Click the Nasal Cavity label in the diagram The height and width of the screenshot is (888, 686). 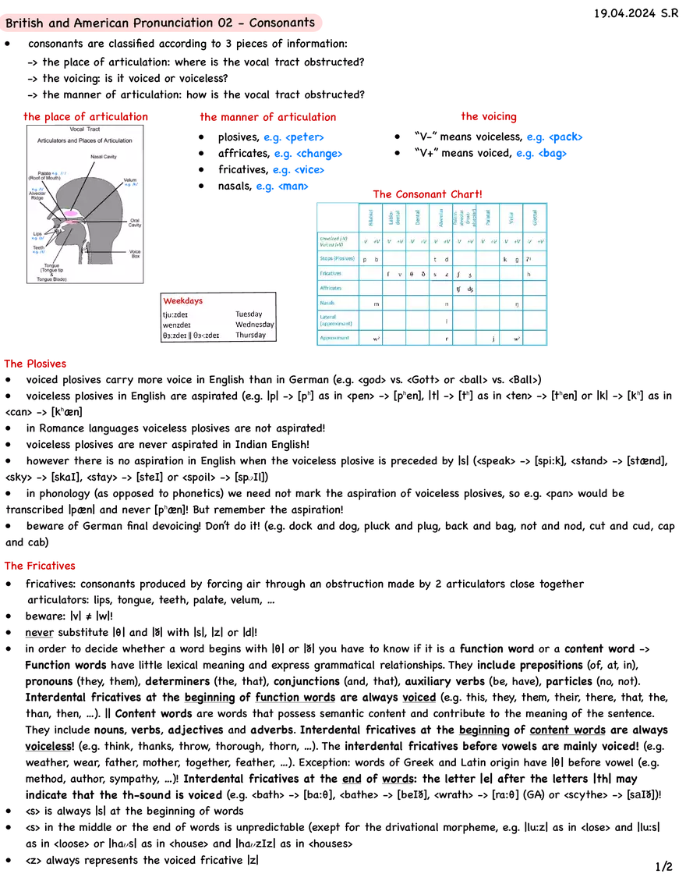103,157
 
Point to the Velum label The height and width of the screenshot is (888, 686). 129,180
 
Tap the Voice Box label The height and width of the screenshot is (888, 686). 135,254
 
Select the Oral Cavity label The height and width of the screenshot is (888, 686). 135,223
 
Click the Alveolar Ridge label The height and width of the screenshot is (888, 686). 37,196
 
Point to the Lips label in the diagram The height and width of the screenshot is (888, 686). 37,233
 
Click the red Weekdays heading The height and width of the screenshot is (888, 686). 184,300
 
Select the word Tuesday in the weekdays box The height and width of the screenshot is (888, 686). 249,314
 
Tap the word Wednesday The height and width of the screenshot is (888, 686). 254,325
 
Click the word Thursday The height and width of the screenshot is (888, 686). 250,335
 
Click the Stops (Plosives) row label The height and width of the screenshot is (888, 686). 337,258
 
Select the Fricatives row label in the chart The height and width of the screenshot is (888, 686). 331,273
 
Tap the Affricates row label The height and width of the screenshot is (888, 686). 331,288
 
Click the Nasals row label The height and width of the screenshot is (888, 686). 327,303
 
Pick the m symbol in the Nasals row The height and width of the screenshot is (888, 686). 377,303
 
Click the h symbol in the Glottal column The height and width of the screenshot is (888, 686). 529,274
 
